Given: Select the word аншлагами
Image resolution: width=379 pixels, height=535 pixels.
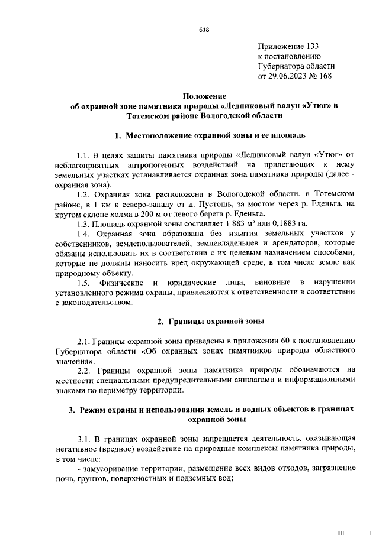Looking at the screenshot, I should (249, 380).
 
